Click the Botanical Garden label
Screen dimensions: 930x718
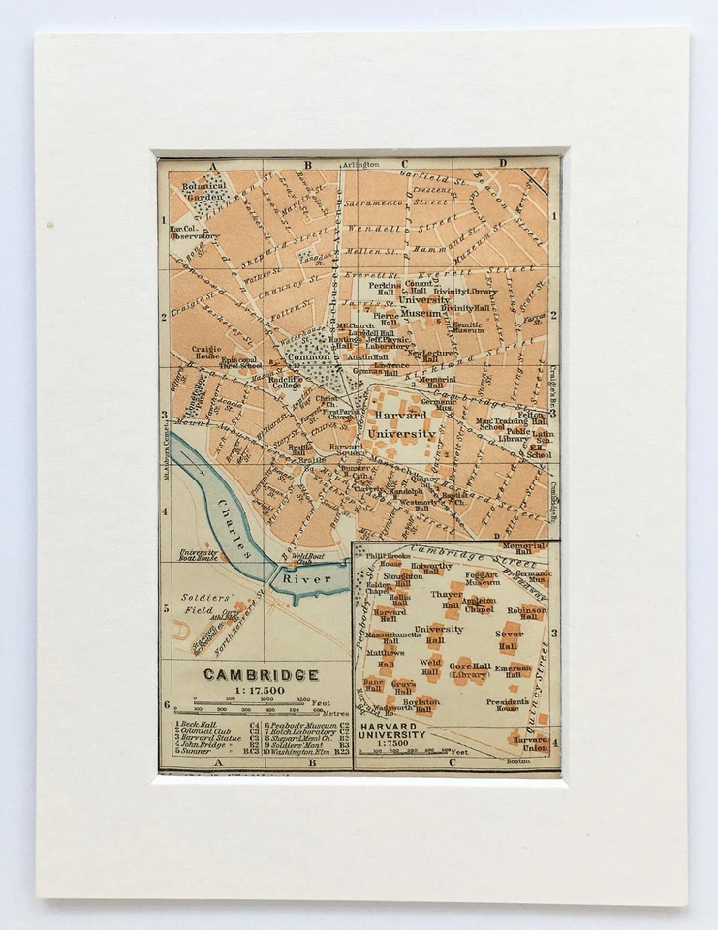coord(203,191)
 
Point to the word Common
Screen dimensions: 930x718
coord(308,356)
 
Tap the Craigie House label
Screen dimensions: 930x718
coord(206,352)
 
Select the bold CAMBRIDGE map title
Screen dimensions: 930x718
coord(247,674)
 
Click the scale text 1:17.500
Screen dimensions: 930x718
coord(245,690)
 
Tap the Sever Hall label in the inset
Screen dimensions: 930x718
coord(510,638)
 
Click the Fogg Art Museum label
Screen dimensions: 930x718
coord(482,578)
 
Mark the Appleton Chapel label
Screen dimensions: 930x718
coord(479,604)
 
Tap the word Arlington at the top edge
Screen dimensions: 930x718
coord(359,165)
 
